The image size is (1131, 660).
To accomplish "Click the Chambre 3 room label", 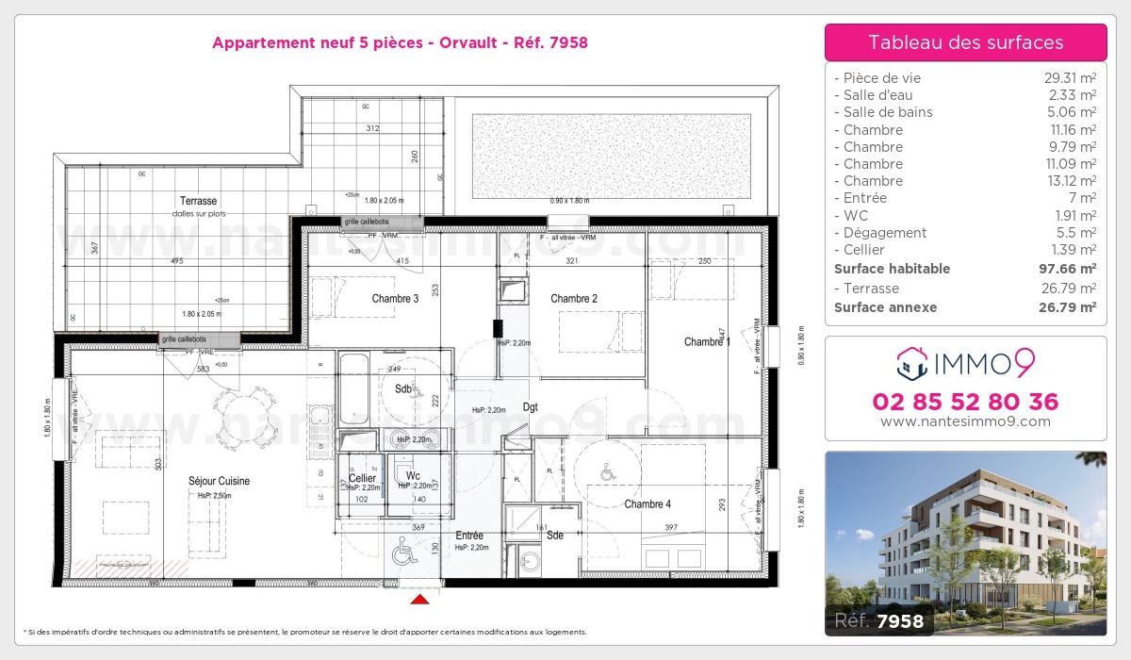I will pyautogui.click(x=395, y=299).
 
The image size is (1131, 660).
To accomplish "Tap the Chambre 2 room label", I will pyautogui.click(x=574, y=299).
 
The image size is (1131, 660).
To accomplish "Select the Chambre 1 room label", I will pyautogui.click(x=707, y=341).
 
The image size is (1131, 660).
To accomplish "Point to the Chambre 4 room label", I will pyautogui.click(x=647, y=504).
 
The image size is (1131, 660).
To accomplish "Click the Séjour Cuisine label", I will pyautogui.click(x=219, y=481).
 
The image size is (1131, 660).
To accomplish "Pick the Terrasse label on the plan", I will pyautogui.click(x=199, y=201).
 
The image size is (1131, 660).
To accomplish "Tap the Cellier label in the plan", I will pyautogui.click(x=362, y=478).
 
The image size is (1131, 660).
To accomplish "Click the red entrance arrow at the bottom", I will pyautogui.click(x=420, y=598).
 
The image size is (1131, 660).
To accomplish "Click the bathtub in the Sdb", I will pyautogui.click(x=353, y=388).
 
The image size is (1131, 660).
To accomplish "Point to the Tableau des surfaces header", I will pyautogui.click(x=965, y=42).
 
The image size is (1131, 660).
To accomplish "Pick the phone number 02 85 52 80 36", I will pyautogui.click(x=965, y=402).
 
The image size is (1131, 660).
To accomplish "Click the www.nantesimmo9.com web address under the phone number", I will pyautogui.click(x=965, y=421).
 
